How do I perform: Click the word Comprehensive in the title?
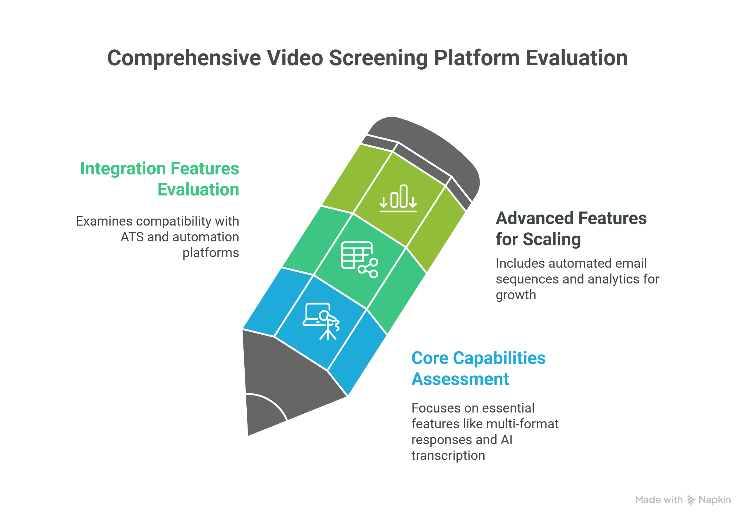pos(184,58)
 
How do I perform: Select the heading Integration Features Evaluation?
pos(159,179)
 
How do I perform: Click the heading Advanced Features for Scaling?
pos(571,229)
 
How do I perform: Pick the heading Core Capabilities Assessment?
pos(478,368)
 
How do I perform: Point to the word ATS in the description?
pos(132,237)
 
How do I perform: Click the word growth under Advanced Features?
pos(516,295)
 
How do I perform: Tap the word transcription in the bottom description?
pos(448,456)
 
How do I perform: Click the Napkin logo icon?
pos(691,500)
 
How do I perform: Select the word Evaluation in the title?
pos(576,58)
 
